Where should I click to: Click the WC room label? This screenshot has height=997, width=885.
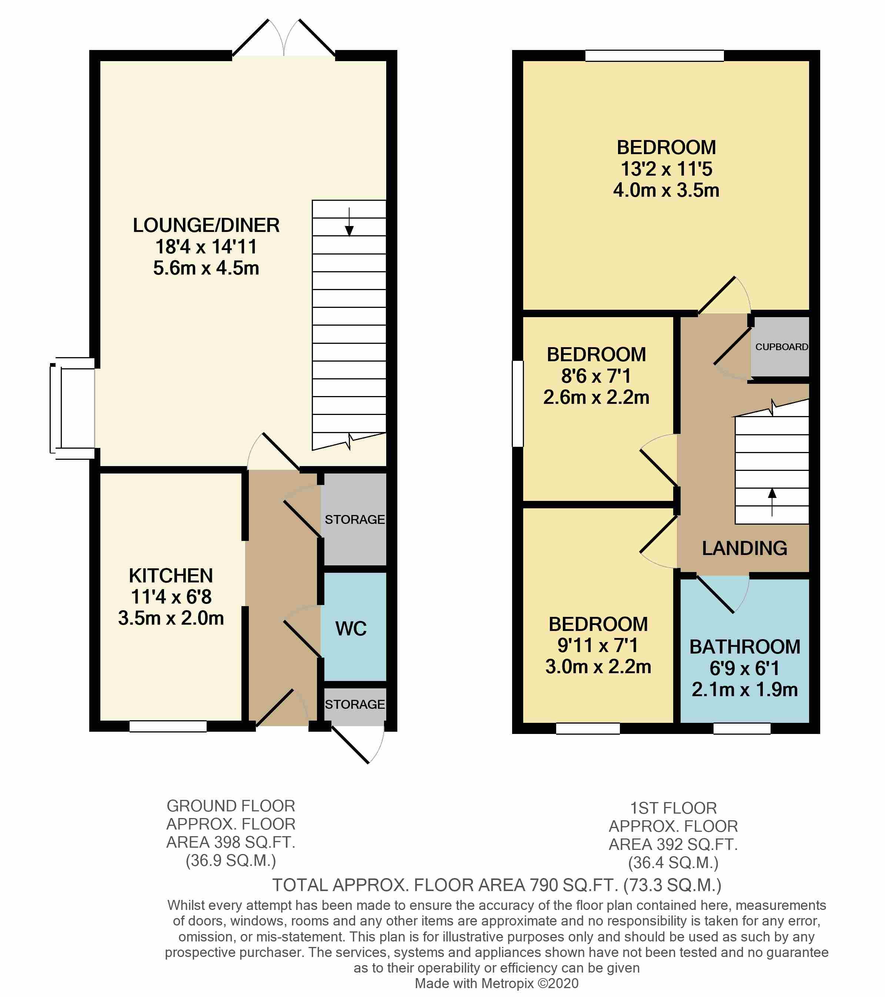pos(351,629)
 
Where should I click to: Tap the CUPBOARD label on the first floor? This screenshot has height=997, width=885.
pos(781,347)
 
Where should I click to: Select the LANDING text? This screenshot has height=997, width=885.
pos(744,548)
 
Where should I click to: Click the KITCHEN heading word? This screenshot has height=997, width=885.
pos(171,576)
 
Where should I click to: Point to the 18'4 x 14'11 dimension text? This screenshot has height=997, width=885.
pos(206,247)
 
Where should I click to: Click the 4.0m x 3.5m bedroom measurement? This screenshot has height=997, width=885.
pos(666,190)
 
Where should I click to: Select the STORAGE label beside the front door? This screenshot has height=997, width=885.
pos(354,704)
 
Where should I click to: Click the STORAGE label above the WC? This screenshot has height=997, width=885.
pos(354,519)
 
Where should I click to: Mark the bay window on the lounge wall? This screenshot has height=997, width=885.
pos(73,408)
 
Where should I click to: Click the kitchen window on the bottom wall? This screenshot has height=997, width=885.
pos(168,726)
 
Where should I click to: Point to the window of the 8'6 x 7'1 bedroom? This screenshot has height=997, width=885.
pos(517,403)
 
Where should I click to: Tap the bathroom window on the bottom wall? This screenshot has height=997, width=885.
pos(742,728)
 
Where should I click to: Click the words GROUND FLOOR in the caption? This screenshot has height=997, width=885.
pos(231,806)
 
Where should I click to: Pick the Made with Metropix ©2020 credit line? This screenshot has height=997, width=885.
pos(497,983)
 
